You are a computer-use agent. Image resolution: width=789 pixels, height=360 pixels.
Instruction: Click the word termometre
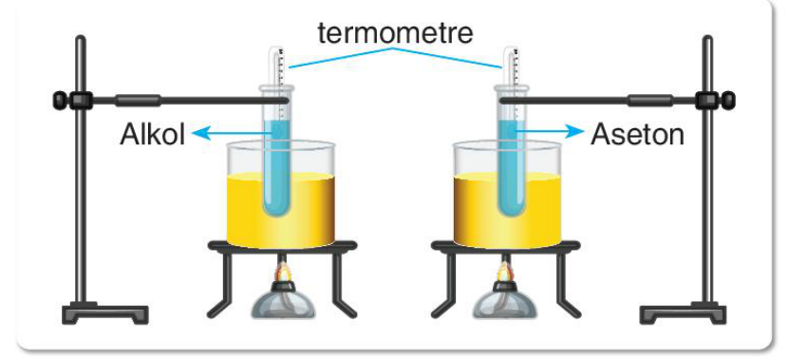click(395, 33)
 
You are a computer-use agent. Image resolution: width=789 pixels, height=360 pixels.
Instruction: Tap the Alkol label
click(153, 135)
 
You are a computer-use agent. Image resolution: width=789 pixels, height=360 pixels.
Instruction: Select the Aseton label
click(637, 135)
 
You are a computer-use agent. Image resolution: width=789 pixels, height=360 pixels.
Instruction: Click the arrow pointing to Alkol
click(233, 133)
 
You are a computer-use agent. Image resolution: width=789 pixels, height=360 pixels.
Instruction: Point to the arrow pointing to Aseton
click(548, 132)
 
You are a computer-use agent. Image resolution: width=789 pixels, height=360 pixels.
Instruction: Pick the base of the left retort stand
click(105, 313)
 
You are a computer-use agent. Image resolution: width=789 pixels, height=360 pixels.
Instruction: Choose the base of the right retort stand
click(683, 313)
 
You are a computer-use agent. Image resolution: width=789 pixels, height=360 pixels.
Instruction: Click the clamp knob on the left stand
click(60, 100)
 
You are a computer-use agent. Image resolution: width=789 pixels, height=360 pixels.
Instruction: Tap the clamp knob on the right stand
click(728, 100)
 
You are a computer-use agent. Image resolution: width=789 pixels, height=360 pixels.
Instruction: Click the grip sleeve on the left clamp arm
click(138, 100)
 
